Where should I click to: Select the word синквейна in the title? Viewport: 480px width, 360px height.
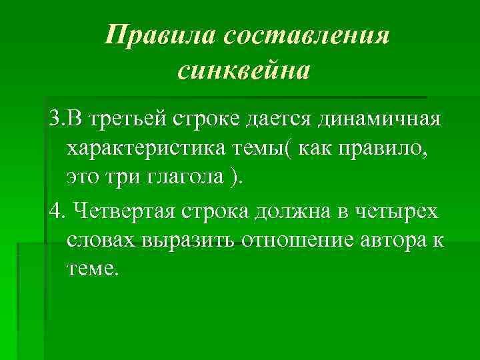244,69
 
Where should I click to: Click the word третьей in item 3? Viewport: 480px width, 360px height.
139,122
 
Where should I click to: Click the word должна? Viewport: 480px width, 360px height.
297,213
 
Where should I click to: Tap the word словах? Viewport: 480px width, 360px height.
101,241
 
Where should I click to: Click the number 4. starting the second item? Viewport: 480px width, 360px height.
57,213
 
